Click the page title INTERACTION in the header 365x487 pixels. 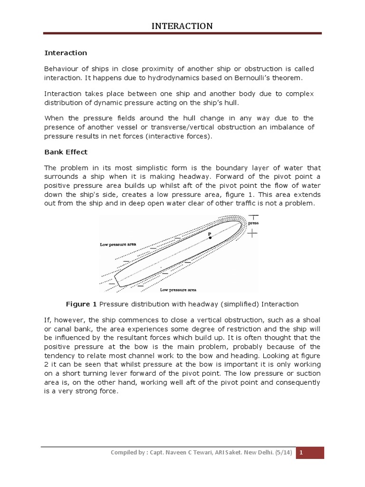pos(182,26)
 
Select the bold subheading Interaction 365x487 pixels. pos(66,53)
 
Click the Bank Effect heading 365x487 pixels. pos(66,152)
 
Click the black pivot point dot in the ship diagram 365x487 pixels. pos(210,238)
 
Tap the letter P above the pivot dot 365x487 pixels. pos(209,234)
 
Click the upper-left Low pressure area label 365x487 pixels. pos(118,244)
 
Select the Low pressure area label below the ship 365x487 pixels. pos(178,290)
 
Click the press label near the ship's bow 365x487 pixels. pos(253,222)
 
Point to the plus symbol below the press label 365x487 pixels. pos(253,233)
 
